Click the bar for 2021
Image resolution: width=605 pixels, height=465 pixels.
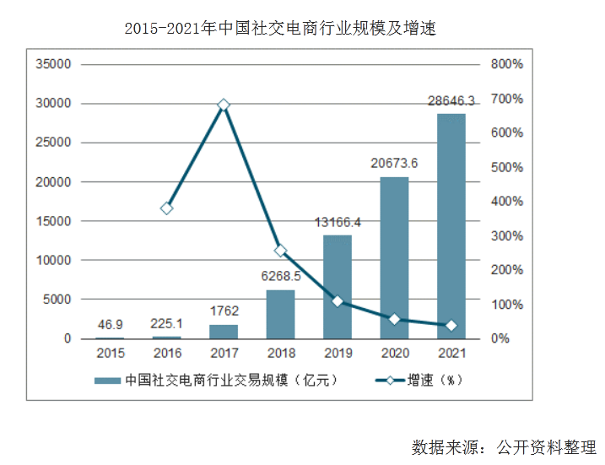coord(451,226)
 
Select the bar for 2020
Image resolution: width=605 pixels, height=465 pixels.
coord(394,257)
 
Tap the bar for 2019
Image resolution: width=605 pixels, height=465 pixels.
coord(338,287)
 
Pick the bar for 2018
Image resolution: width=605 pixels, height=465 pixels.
coord(280,314)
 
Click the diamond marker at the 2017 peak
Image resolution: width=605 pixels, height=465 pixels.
coord(224,105)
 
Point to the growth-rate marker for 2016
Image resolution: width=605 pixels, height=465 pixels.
coord(167,208)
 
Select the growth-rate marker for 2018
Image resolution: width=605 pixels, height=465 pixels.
coord(280,251)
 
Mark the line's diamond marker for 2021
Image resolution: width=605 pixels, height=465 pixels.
coord(451,326)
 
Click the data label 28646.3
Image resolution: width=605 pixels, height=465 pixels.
coord(451,101)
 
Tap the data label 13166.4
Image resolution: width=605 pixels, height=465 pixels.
coord(338,223)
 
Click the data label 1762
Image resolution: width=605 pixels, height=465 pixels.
coord(224,311)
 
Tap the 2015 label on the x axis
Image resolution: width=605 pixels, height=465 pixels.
coord(110,354)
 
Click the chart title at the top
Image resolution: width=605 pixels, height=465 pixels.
coord(279,29)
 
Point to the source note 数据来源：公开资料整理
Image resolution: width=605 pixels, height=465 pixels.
coord(503,446)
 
